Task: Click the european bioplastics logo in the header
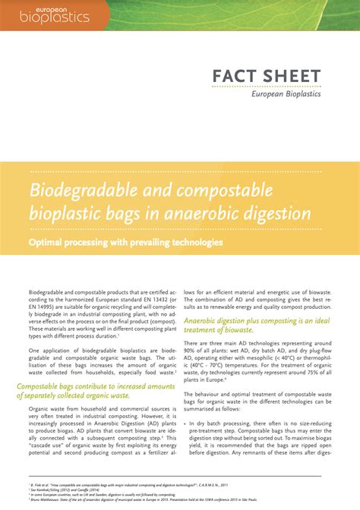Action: [55, 14]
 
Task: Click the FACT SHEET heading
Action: [266, 77]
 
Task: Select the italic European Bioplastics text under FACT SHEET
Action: [286, 94]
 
